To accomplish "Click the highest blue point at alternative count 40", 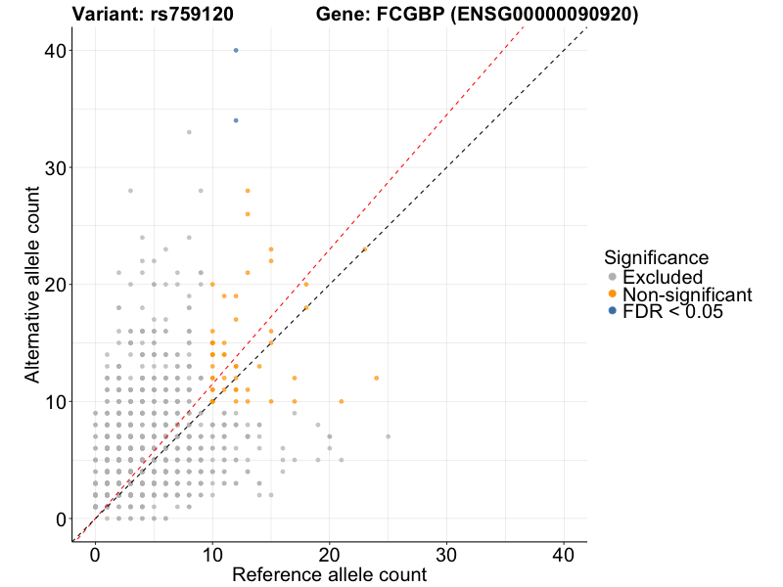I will (236, 50).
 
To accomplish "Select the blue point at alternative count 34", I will (236, 120).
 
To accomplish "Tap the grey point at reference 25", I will (389, 436).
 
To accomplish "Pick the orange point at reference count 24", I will (377, 378).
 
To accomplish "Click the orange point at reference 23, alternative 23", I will (365, 249).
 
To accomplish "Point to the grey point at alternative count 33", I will (189, 132).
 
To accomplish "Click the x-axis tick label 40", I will (565, 554).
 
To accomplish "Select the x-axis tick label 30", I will (447, 554).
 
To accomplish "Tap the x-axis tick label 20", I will (330, 554).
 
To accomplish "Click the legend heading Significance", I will (656, 258).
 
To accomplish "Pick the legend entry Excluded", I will (663, 277).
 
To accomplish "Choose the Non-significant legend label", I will (687, 294).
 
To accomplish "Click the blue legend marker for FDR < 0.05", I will (613, 311).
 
